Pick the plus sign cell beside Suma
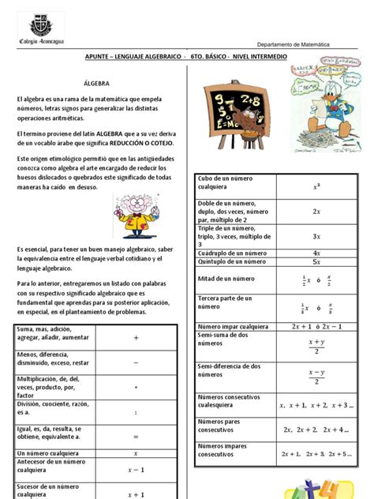coord(136,337)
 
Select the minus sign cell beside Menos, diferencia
coord(136,362)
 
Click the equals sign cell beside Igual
coord(136,435)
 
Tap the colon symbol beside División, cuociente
coord(136,412)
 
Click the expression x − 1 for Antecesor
coord(136,470)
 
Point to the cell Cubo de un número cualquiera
coord(234,186)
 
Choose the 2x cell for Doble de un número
coord(316,212)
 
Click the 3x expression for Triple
coord(316,236)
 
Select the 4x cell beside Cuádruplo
coord(316,253)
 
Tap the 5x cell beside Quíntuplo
coord(316,261)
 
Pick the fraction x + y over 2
coord(316,346)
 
